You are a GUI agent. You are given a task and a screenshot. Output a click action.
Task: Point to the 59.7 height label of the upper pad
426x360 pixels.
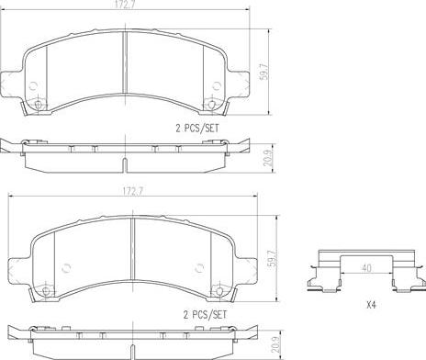click(263, 72)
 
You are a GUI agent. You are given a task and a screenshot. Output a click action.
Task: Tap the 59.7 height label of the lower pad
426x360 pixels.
click(272, 259)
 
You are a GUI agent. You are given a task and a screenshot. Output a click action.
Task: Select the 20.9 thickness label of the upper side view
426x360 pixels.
click(269, 158)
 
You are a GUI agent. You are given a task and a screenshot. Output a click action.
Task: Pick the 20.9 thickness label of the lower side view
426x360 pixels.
click(276, 344)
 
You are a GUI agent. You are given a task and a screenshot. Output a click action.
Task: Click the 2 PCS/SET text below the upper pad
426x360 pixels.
click(197, 128)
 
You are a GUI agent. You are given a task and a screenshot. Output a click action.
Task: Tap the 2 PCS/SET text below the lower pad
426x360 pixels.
click(205, 315)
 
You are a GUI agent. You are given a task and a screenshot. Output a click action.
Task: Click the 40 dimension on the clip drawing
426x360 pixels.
click(366, 268)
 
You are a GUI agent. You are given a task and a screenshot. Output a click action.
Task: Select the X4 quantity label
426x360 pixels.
click(371, 305)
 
